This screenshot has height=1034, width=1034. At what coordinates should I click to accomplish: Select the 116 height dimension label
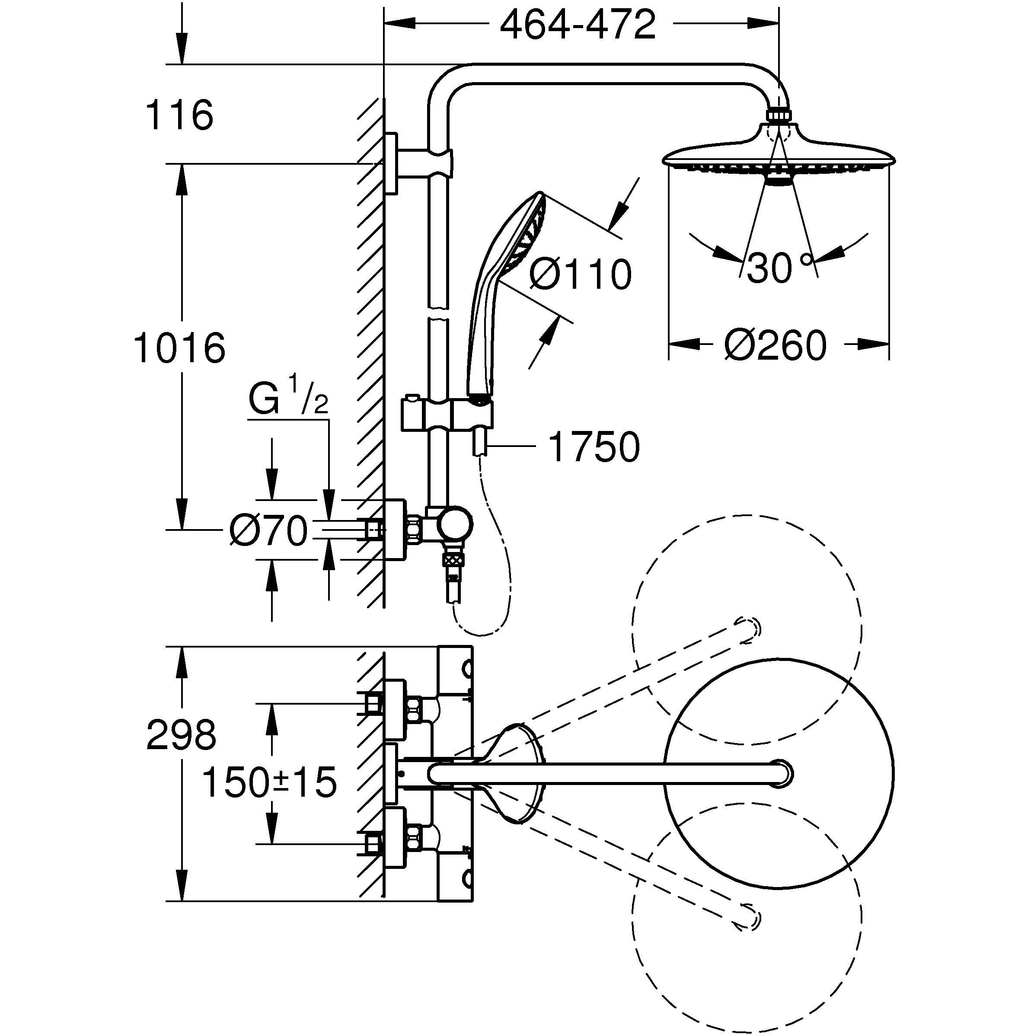179,115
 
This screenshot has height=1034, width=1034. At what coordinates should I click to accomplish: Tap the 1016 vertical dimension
179,348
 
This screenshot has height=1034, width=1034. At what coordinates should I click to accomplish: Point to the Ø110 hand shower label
580,274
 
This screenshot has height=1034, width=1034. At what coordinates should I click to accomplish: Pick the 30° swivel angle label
779,268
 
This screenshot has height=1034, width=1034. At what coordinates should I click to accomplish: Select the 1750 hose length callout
594,447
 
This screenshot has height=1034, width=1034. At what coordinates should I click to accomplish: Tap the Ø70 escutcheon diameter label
268,531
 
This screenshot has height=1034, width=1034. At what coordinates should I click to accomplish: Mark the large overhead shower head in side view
779,155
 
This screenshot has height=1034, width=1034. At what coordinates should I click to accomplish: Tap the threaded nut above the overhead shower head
779,115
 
